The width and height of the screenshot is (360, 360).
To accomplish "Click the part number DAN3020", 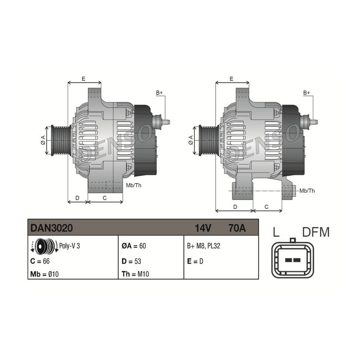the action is pos(52,228).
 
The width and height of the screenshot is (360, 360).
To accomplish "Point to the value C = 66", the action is pos(40,261).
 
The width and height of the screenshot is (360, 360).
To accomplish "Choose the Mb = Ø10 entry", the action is pos(44,274).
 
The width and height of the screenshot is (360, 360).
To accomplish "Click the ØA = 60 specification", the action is pos(134,246).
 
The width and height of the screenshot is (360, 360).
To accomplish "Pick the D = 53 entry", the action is pos(131,261).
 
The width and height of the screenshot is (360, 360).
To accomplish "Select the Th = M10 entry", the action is pos(135,274).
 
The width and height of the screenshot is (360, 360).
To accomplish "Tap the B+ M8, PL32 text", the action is pos(204,246).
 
